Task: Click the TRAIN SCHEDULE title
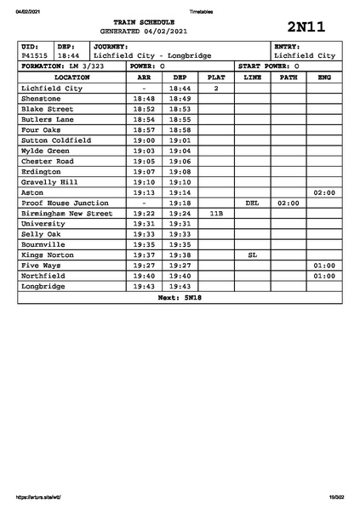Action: [149, 21]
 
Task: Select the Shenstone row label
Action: [41, 99]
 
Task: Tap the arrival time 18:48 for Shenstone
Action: [145, 99]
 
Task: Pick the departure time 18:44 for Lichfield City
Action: [179, 89]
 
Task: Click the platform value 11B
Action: [216, 214]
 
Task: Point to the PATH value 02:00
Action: [289, 203]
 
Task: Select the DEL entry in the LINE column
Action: [252, 203]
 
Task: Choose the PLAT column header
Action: [216, 77]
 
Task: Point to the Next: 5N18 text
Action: [180, 298]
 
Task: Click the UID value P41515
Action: [35, 56]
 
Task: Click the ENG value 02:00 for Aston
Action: [324, 193]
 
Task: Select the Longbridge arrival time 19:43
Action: [145, 287]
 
